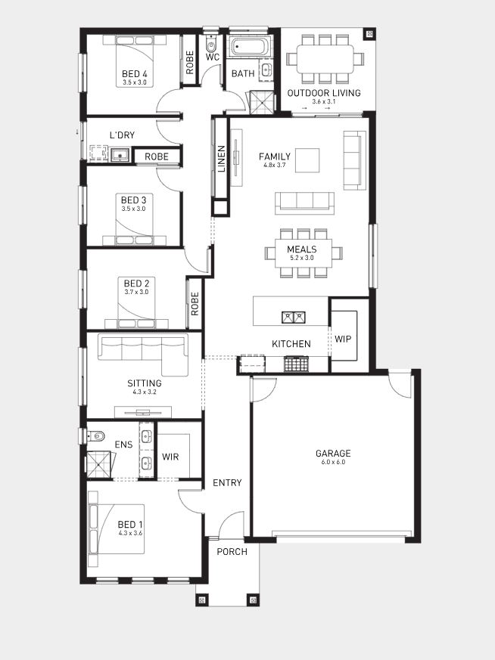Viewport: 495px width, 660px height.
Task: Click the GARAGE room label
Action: click(333, 454)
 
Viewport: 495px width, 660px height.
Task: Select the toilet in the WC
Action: click(211, 42)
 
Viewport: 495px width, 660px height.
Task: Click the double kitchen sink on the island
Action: click(294, 317)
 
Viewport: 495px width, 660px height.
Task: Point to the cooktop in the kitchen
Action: click(296, 364)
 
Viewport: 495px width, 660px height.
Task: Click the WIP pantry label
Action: click(343, 339)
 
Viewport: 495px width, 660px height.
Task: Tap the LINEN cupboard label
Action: click(222, 159)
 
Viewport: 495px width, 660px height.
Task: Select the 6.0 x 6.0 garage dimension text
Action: click(333, 462)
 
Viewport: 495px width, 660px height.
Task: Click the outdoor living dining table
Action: click(325, 59)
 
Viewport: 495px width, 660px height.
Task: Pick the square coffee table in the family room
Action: click(307, 160)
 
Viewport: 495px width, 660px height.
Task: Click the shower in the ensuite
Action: click(99, 464)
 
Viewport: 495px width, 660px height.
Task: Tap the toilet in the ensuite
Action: click(96, 435)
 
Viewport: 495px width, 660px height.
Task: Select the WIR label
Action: click(170, 457)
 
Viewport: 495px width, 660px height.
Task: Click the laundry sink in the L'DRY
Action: click(120, 155)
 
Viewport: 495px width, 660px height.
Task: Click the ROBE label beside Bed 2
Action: click(195, 304)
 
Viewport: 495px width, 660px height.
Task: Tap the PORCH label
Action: click(232, 552)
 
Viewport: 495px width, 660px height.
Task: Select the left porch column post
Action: click(202, 600)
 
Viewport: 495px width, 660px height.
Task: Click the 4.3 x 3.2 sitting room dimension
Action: click(145, 392)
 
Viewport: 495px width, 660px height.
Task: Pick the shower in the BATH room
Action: click(261, 103)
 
